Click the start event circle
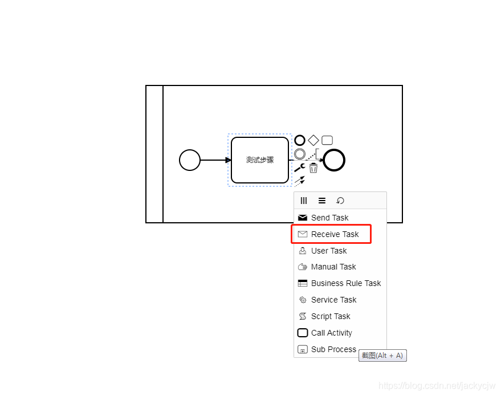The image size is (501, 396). [190, 160]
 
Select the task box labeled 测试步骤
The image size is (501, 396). [259, 160]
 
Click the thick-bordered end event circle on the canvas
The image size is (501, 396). [334, 160]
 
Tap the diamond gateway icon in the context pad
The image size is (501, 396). [313, 140]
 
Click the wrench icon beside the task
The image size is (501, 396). [299, 168]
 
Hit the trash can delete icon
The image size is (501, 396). [313, 168]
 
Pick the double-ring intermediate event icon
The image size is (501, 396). [300, 154]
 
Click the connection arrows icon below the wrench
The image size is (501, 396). [299, 181]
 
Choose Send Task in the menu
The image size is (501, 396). [329, 218]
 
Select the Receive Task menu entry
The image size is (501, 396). [335, 234]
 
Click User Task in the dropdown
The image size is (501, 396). [329, 251]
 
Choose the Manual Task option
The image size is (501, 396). [333, 267]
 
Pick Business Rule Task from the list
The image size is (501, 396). [345, 283]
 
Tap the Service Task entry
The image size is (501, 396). [333, 300]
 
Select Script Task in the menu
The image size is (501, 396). [331, 316]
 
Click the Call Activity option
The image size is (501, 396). [331, 333]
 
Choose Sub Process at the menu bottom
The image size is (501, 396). [333, 349]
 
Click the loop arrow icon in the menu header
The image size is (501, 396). [340, 201]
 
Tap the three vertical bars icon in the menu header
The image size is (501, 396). [304, 201]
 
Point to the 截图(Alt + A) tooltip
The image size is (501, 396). [382, 356]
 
